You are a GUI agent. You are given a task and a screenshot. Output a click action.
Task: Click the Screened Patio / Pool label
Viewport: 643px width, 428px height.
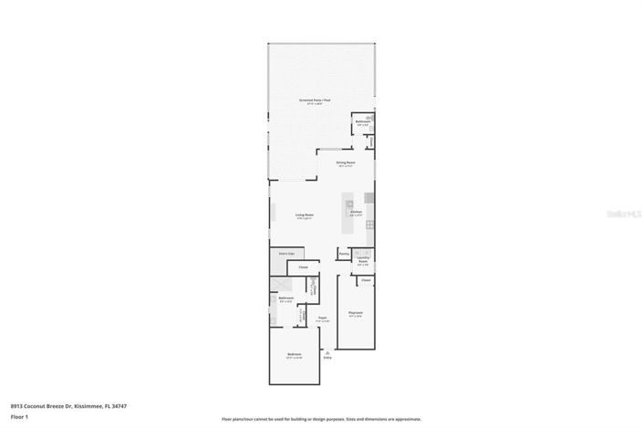[314, 100]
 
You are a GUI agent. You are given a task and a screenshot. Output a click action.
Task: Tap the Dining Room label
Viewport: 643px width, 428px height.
[346, 162]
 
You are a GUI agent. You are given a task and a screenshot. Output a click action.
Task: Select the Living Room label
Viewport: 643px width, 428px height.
[304, 214]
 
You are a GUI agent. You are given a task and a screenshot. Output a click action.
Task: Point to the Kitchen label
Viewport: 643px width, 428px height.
[357, 212]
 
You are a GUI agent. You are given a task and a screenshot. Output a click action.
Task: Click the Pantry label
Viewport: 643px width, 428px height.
[345, 253]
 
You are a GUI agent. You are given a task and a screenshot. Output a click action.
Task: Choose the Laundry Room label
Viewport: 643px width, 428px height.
[363, 260]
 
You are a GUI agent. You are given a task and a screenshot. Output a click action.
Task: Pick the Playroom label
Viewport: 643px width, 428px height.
[355, 315]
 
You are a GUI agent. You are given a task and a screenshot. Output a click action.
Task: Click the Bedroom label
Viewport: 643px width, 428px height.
[294, 353]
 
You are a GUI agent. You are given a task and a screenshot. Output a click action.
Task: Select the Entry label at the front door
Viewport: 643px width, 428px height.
[327, 358]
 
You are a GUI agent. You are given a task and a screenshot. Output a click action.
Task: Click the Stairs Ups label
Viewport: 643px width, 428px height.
[285, 254]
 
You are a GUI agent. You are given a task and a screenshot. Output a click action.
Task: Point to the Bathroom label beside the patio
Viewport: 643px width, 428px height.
[362, 121]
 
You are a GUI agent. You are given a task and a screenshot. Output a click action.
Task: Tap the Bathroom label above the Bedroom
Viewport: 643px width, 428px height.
[285, 298]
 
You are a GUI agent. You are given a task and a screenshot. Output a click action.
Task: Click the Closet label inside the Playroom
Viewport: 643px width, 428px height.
[366, 280]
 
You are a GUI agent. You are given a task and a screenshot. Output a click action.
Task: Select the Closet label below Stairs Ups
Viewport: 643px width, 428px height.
[303, 267]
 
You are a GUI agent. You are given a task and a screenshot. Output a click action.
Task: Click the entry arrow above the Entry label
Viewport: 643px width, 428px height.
[327, 350]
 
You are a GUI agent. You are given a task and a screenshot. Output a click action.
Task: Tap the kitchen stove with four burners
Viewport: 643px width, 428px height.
[368, 198]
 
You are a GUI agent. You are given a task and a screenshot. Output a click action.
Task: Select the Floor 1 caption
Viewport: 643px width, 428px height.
[19, 416]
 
